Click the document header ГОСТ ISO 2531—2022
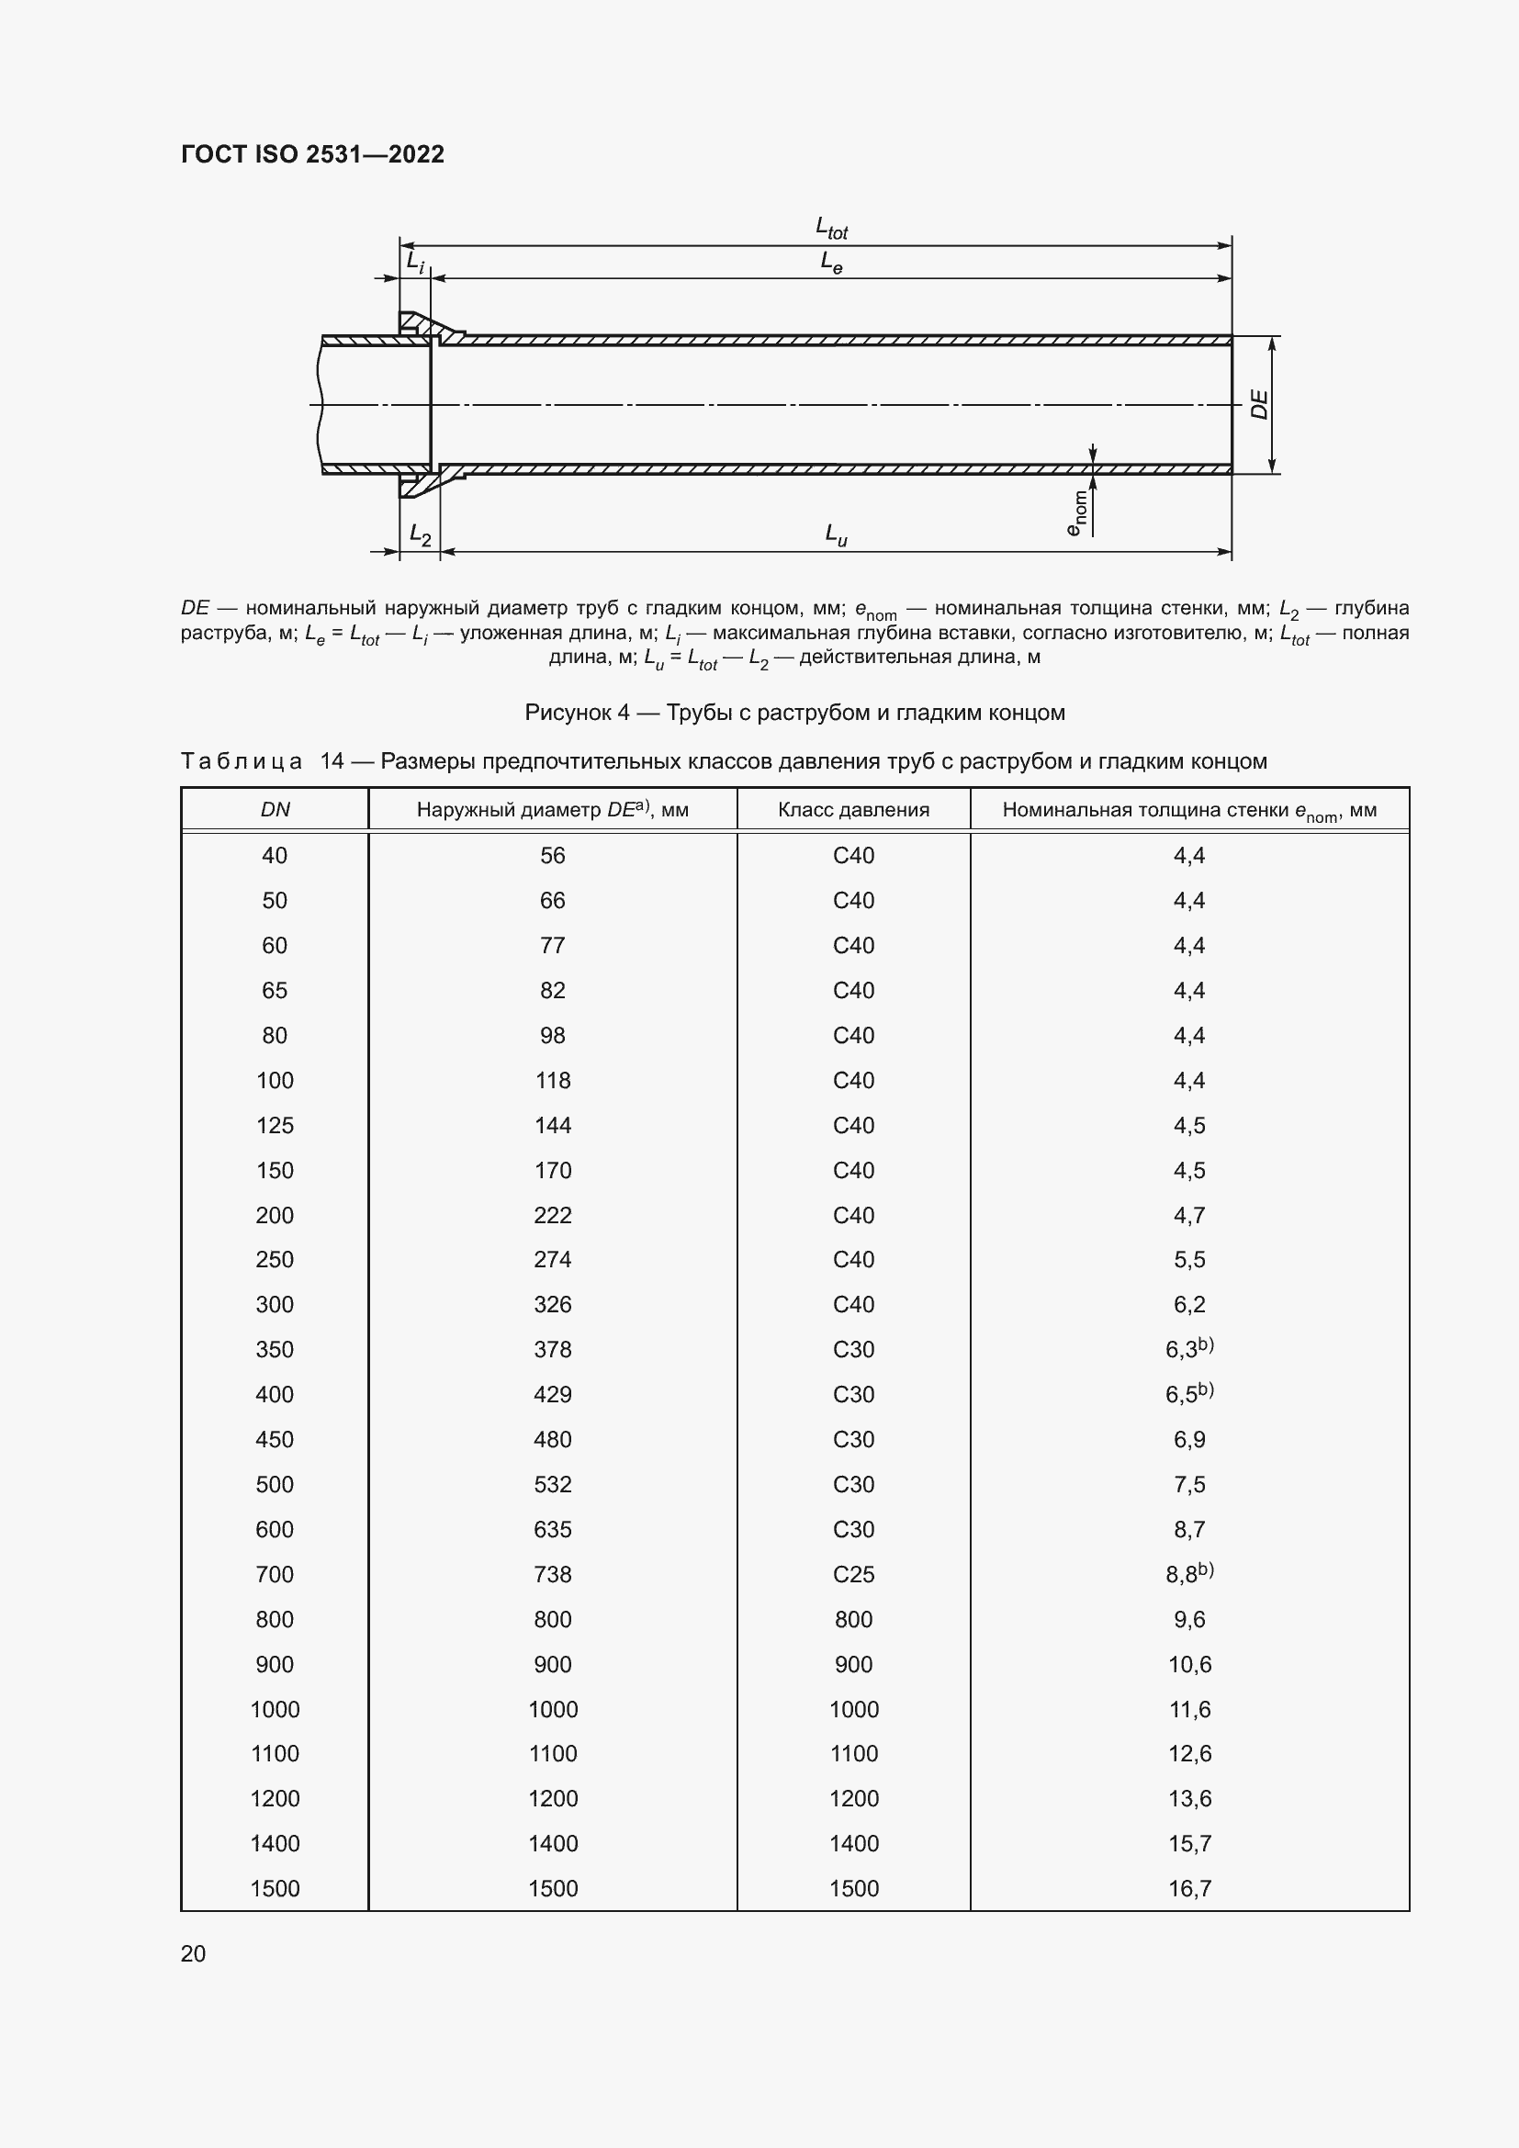(x=312, y=154)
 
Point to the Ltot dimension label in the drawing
(x=830, y=228)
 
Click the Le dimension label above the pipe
(x=830, y=262)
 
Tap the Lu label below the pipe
(x=835, y=534)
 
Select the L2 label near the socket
(x=420, y=534)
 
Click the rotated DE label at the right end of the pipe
(x=1259, y=404)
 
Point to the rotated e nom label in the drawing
(x=1076, y=512)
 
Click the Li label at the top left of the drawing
(x=414, y=262)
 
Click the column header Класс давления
(x=853, y=810)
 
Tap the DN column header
(x=275, y=810)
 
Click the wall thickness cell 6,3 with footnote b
(x=1187, y=1349)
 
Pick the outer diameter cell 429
(x=552, y=1394)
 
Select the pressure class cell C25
(x=853, y=1575)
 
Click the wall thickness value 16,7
(x=1188, y=1888)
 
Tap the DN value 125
(x=275, y=1126)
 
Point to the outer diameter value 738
(x=552, y=1575)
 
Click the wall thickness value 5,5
(x=1188, y=1259)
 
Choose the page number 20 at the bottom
(x=194, y=1953)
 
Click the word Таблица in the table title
(x=242, y=761)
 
